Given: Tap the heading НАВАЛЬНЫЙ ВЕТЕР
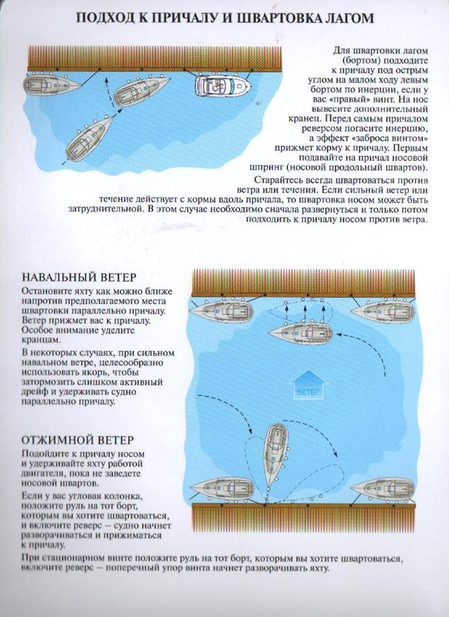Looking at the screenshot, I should pos(79,278).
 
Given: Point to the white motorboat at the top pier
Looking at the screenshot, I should pos(222,88).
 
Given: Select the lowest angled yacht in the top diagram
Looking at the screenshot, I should pos(89,140).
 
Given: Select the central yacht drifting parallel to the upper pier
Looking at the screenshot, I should pos(301,333).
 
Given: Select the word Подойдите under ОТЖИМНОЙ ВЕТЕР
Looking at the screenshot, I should pos(47,454).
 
